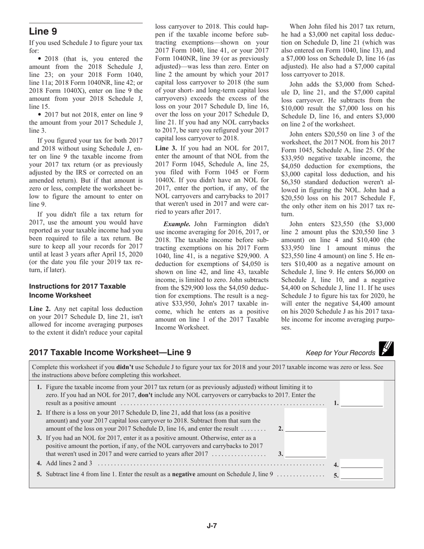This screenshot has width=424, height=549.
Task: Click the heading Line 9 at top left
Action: (x=43, y=31)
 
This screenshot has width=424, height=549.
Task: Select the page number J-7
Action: (x=212, y=526)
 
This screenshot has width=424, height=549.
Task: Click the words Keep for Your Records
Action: (x=341, y=353)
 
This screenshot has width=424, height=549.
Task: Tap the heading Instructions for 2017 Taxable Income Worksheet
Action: (x=77, y=291)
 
